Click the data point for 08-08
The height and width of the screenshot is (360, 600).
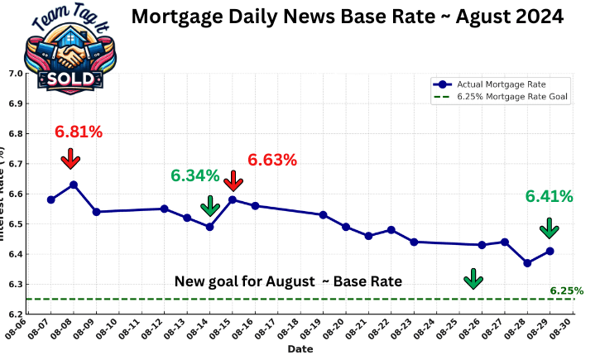pos(74,185)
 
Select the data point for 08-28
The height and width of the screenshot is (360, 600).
pos(527,263)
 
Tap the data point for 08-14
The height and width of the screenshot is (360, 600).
pos(209,226)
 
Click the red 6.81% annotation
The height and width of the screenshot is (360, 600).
pos(79,132)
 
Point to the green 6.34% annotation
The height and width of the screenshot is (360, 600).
pos(195,175)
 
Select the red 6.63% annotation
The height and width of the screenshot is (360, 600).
pos(272,160)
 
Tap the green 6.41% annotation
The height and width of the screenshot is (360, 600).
pos(550,196)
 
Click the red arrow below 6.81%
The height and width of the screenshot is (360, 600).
pos(70,158)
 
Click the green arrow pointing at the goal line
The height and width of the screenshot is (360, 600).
pos(473,279)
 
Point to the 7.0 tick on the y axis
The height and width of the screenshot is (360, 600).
pos(15,74)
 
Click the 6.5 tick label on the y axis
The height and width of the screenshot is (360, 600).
pos(15,224)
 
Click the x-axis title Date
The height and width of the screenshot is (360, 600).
pos(300,350)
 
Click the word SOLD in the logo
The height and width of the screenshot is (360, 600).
pos(70,77)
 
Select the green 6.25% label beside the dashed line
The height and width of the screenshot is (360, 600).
pos(567,290)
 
